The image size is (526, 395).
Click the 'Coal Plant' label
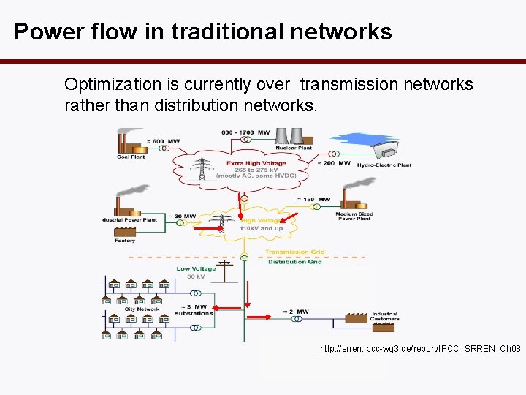point(131,157)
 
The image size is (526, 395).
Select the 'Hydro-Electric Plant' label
point(384,165)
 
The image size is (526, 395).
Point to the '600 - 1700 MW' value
point(245,132)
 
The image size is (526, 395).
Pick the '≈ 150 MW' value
point(315,198)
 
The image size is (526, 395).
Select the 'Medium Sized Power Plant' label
point(354,217)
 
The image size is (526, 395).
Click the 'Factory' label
point(125,240)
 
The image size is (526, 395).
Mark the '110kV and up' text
point(261,228)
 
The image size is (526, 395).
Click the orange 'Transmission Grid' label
point(294,252)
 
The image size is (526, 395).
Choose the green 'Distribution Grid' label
point(294,262)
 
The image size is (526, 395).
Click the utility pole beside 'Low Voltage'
point(224,271)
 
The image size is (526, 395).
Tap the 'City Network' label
point(142,309)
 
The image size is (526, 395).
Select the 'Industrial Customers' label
point(384,317)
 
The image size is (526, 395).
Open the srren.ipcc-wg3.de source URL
point(420,350)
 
